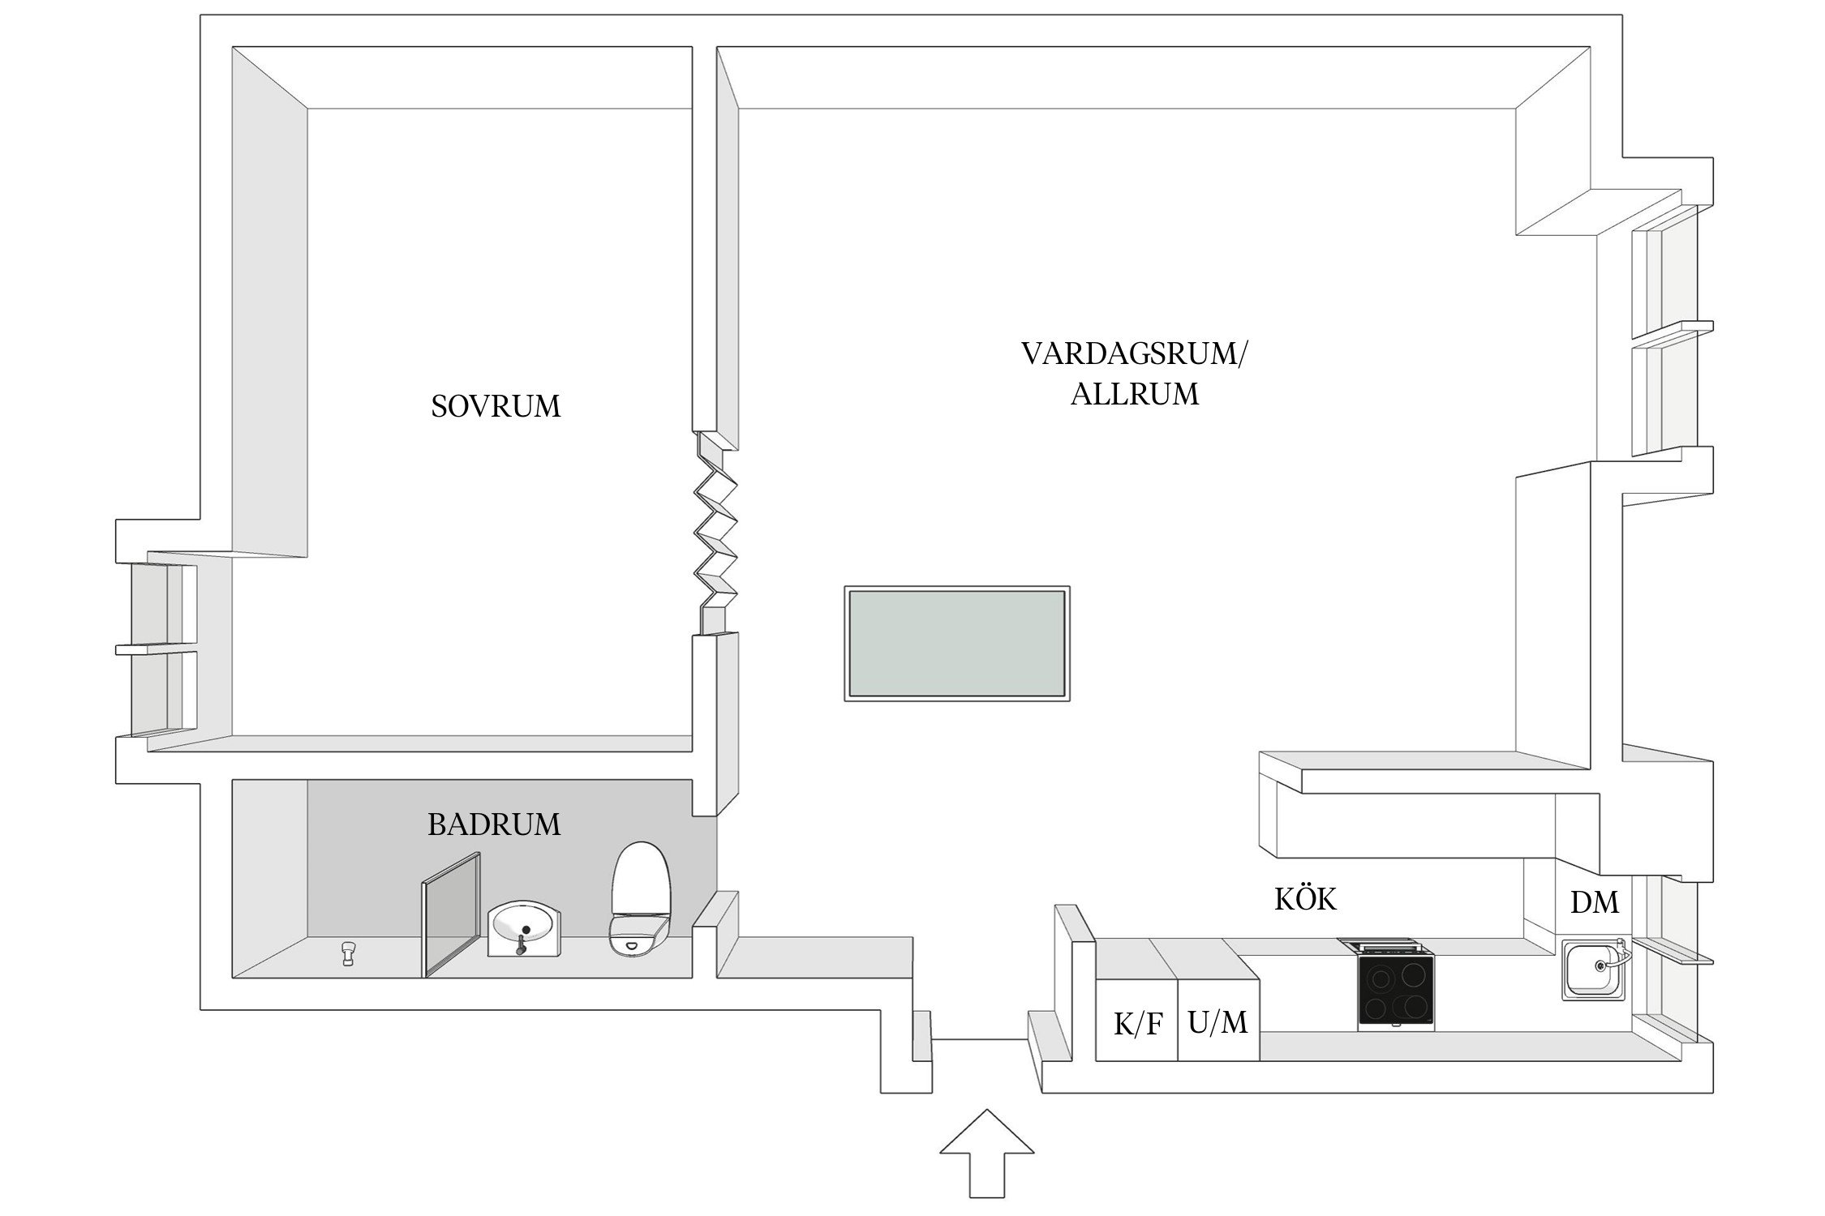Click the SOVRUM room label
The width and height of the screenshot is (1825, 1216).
pyautogui.click(x=496, y=406)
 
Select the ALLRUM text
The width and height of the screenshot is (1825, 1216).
pyautogui.click(x=1134, y=395)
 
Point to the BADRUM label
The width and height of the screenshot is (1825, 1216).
pyautogui.click(x=494, y=824)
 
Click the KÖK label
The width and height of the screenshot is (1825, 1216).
pyautogui.click(x=1305, y=899)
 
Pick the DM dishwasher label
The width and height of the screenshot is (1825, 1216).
pyautogui.click(x=1594, y=903)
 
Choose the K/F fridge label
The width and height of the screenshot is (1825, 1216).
pyautogui.click(x=1138, y=1025)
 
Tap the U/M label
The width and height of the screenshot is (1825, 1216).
pyautogui.click(x=1217, y=1023)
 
